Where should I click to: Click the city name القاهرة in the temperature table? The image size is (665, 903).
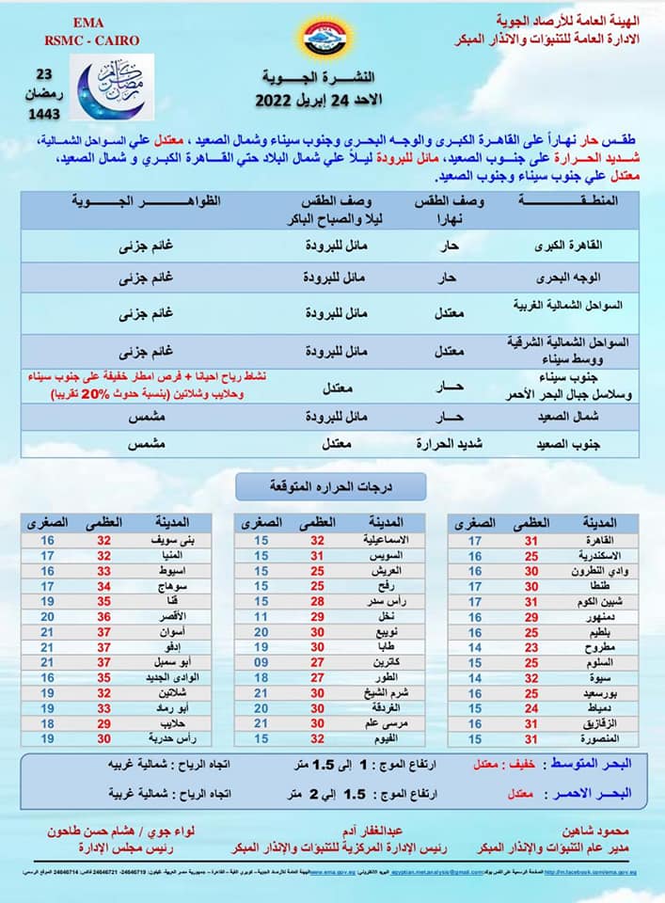598,540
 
